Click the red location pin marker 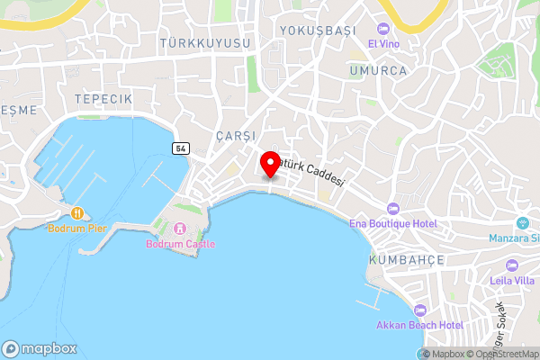[x=269, y=165]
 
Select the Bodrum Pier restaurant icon [x=77, y=213]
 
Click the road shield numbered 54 [x=181, y=148]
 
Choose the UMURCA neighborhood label [x=379, y=70]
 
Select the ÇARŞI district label [x=237, y=135]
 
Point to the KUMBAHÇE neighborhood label [x=407, y=259]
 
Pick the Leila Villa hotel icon [x=511, y=265]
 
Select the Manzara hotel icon [x=522, y=223]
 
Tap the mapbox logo [x=40, y=348]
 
